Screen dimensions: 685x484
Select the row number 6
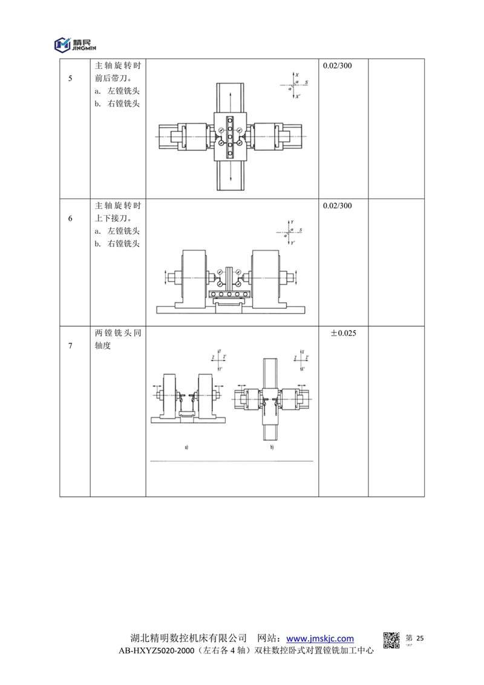click(70, 219)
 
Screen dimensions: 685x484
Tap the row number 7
click(70, 346)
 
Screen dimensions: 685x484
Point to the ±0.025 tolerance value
click(343, 333)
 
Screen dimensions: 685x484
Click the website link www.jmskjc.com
click(319, 638)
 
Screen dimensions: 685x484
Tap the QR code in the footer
click(392, 640)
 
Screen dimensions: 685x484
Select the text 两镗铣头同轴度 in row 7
click(118, 340)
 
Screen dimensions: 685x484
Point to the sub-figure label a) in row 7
click(187, 448)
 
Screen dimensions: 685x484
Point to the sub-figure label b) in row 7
click(272, 448)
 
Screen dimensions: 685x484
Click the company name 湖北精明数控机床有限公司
click(189, 638)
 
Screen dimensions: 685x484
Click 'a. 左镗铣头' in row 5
click(118, 91)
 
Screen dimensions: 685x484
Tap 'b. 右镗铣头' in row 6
click(118, 243)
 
